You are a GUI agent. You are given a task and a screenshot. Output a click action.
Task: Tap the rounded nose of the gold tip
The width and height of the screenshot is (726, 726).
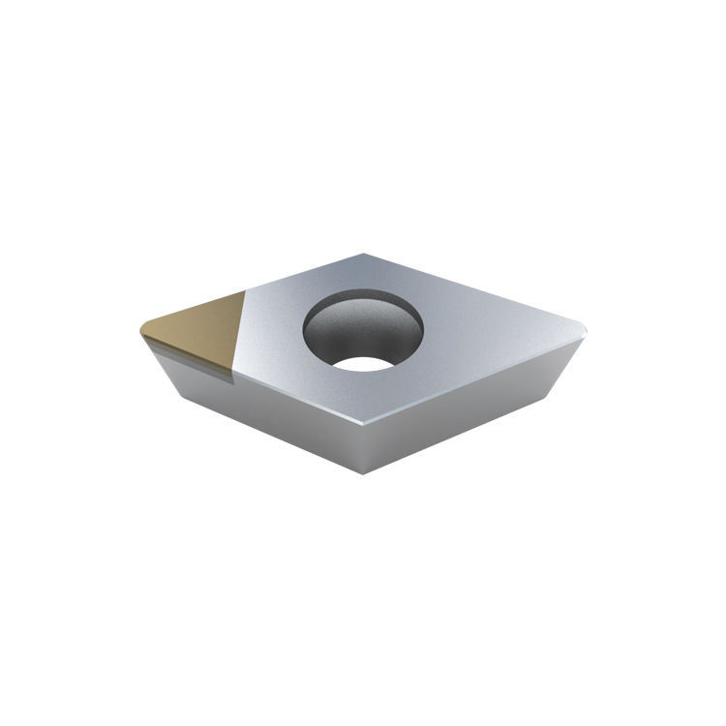click(142, 329)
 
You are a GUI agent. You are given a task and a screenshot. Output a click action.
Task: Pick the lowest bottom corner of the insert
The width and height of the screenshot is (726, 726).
click(363, 473)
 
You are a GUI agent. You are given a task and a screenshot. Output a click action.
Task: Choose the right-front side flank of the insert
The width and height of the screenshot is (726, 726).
click(465, 407)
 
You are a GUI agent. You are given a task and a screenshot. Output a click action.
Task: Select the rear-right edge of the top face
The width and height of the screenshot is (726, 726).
click(474, 290)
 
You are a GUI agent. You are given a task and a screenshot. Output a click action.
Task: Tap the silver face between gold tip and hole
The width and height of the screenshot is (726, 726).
click(276, 334)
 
